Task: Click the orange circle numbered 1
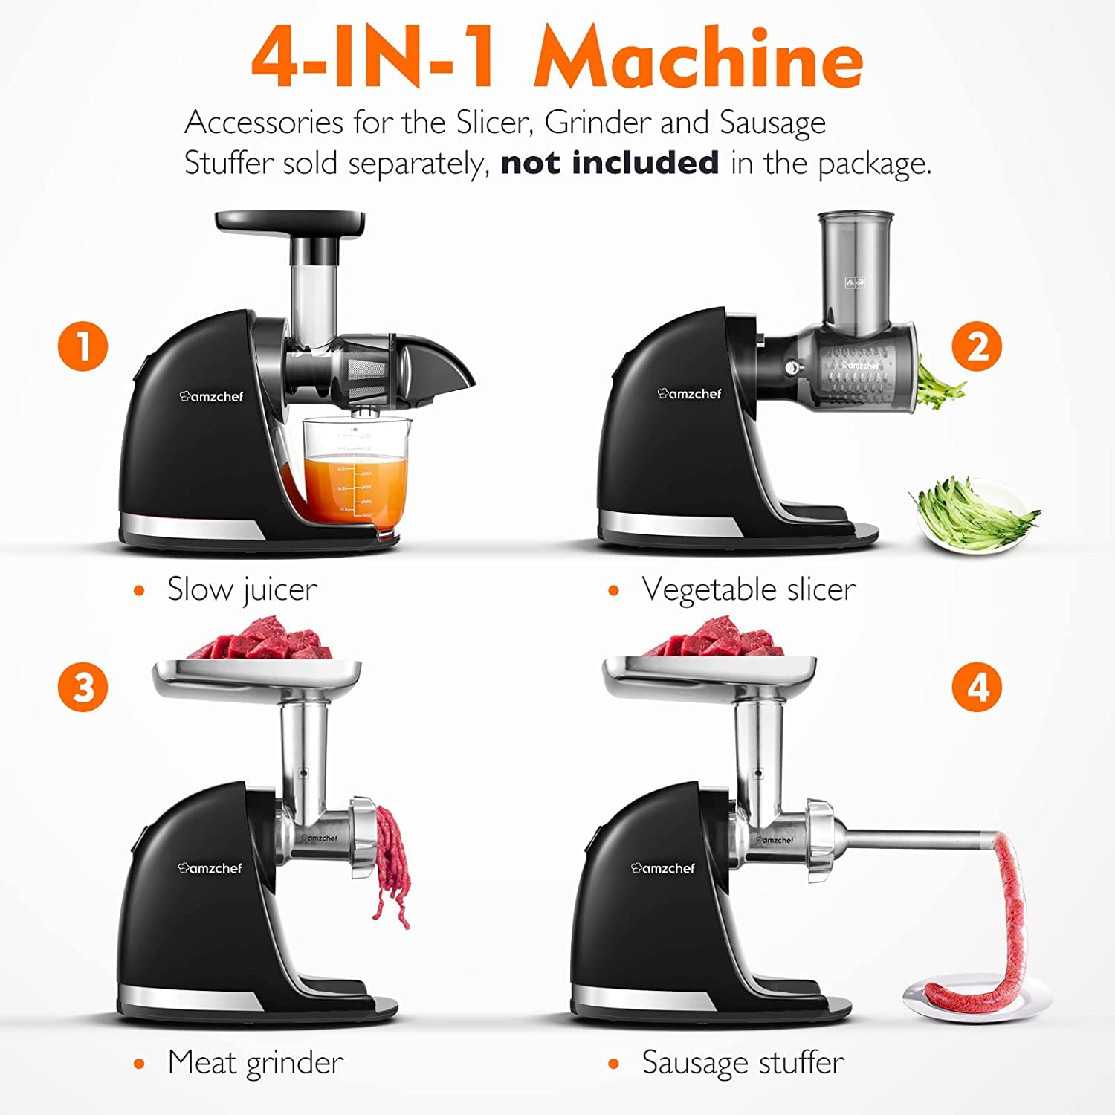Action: (83, 346)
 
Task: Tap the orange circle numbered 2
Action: (977, 346)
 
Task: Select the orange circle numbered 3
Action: (83, 687)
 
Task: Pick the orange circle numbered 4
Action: (977, 687)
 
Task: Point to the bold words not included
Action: (610, 163)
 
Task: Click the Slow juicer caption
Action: (242, 589)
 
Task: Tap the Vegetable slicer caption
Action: (749, 589)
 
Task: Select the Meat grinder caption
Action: (255, 1062)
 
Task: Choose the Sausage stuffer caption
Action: (743, 1062)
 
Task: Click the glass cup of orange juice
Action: (355, 476)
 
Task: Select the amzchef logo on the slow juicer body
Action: (211, 396)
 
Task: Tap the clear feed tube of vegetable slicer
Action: (855, 275)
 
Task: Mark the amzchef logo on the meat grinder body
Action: (210, 867)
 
